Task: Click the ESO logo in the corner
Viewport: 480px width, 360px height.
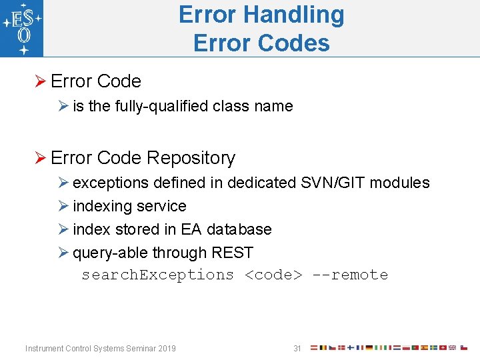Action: pos(22,28)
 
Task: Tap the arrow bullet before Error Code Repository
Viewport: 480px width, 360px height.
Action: pos(40,159)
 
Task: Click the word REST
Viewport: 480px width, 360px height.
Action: pos(232,253)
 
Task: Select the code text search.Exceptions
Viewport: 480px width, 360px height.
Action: pos(157,275)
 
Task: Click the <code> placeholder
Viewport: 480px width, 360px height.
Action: pos(273,275)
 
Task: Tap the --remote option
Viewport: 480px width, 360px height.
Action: pos(349,275)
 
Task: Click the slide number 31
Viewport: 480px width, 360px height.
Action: pos(297,348)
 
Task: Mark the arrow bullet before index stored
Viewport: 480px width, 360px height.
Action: pos(64,229)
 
